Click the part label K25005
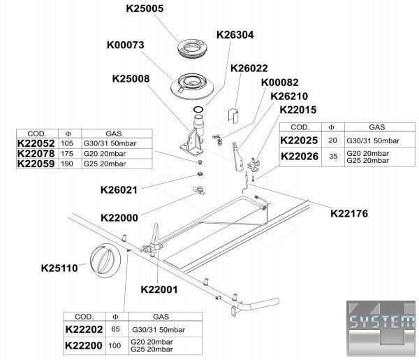[145, 8]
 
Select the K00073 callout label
[125, 45]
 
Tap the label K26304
[235, 34]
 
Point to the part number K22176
[349, 213]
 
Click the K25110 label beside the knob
[59, 268]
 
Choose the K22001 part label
[159, 289]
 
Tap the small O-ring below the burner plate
[198, 109]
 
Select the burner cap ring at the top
[192, 49]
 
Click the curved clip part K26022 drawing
[233, 116]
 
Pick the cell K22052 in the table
[36, 143]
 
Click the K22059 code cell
[36, 164]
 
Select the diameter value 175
[67, 154]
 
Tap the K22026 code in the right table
[300, 157]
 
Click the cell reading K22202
[84, 329]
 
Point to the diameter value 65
[115, 329]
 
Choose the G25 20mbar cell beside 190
[105, 164]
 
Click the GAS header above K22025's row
[377, 127]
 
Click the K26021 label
[119, 190]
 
